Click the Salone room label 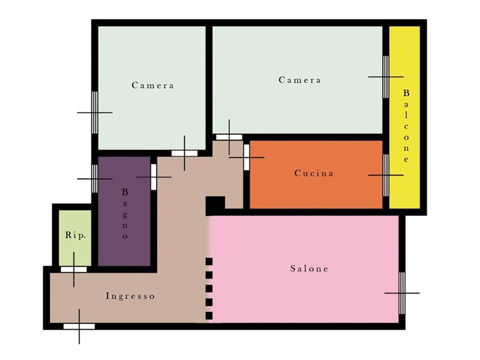[309, 269]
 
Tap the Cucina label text [314, 173]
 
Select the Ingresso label [130, 296]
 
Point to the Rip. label [76, 235]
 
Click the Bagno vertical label [125, 214]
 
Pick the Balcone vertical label [406, 126]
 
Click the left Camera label [153, 85]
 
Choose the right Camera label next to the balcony [299, 80]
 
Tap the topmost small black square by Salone [209, 262]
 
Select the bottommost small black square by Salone [209, 316]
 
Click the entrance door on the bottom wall [79, 326]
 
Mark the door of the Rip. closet [74, 269]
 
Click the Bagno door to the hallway [154, 177]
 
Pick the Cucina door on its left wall [247, 157]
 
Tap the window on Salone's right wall [402, 293]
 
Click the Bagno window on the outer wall [95, 179]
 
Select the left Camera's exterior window [95, 113]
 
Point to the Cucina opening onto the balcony [386, 175]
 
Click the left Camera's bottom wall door [184, 153]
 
